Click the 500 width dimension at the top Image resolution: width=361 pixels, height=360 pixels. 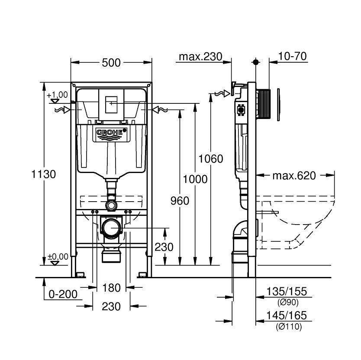point(111,63)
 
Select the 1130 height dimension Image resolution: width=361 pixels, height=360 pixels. point(43,174)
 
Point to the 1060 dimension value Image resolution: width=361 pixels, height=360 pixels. point(211,159)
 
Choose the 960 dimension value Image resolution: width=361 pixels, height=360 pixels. point(180,200)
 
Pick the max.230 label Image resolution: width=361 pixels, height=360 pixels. point(200,57)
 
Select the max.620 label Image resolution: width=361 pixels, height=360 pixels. point(294,175)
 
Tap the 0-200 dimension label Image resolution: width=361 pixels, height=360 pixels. point(63,294)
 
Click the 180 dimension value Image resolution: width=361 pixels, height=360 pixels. point(111,287)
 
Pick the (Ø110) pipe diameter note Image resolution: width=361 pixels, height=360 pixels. point(288,327)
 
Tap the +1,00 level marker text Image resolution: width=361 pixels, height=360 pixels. point(57,95)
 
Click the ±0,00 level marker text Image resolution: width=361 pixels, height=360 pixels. point(57,257)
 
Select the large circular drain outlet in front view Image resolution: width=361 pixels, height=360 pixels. point(112,227)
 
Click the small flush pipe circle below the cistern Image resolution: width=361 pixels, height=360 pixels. point(112,204)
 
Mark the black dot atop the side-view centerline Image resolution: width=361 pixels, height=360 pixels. point(256,62)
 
